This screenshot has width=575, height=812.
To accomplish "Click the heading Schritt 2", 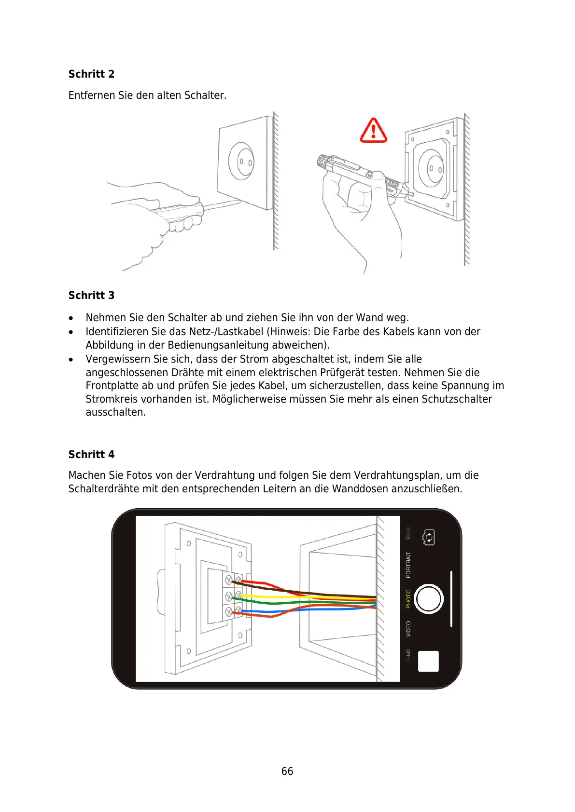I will (91, 74).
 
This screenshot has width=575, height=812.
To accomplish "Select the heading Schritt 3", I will (91, 295).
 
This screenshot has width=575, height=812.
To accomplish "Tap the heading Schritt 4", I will (91, 454).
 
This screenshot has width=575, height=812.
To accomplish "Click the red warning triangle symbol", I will (373, 131).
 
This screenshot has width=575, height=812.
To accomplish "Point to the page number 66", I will (287, 771).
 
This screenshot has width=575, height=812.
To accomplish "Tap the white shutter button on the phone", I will (429, 598).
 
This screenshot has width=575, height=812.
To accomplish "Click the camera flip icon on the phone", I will (429, 537).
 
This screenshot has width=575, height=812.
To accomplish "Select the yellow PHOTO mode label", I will (408, 598).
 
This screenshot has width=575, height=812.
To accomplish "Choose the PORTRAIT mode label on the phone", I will (408, 565).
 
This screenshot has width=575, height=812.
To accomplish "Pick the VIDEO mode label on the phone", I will (408, 629).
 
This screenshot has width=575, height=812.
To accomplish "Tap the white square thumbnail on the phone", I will (428, 661).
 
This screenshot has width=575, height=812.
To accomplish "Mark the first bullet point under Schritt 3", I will (71, 318).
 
